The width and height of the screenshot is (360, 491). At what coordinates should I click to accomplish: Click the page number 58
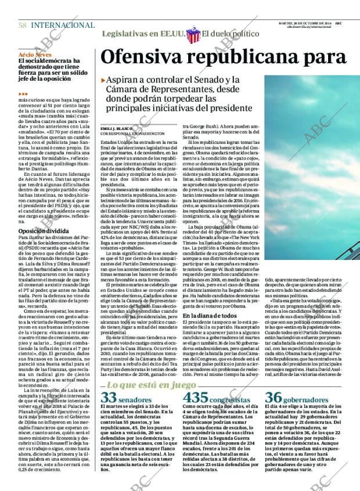22,26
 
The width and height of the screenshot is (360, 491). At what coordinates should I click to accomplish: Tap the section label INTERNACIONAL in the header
62,26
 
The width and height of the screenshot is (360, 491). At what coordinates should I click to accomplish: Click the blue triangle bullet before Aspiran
103,80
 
